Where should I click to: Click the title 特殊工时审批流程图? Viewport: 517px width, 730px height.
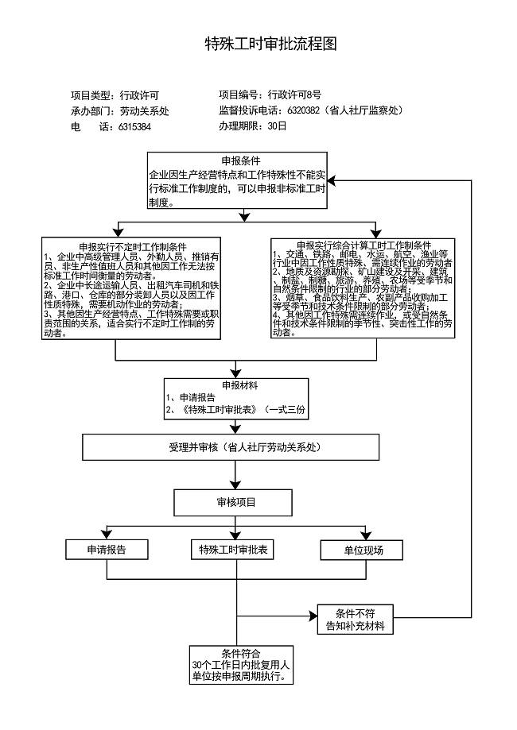(271, 44)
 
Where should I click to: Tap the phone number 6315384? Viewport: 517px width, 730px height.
(135, 126)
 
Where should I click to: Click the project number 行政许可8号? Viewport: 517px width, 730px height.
(294, 95)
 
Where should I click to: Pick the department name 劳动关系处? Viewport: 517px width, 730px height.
(144, 110)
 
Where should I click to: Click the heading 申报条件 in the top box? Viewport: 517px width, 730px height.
(235, 160)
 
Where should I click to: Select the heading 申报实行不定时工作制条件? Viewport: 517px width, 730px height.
(133, 246)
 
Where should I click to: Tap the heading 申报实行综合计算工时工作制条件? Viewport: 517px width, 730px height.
(363, 245)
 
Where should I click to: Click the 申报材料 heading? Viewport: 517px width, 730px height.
(235, 385)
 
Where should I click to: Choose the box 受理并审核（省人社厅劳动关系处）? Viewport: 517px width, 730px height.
(235, 447)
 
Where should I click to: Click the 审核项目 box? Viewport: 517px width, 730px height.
(236, 502)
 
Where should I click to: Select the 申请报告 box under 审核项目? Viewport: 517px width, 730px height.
(107, 550)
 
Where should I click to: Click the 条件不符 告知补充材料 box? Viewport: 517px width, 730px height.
(355, 620)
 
